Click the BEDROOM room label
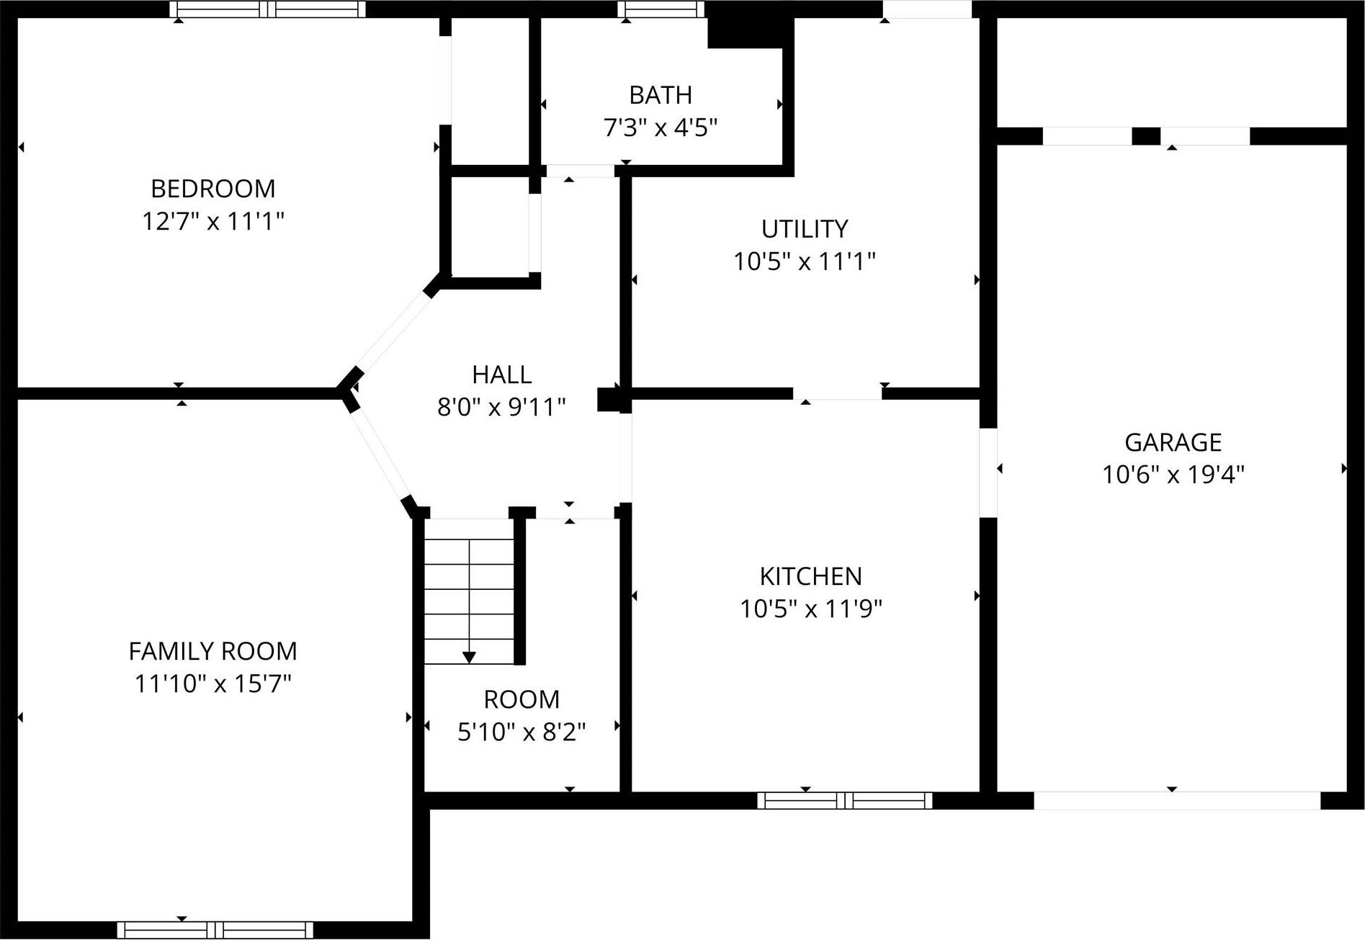[212, 189]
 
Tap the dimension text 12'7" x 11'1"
[212, 221]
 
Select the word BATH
[661, 95]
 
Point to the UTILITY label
[805, 229]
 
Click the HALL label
[501, 375]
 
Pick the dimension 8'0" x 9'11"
[501, 408]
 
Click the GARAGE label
[1173, 442]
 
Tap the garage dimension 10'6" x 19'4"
[1173, 475]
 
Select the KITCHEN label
[810, 576]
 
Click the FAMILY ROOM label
[212, 651]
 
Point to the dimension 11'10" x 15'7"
[212, 684]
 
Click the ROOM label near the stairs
[521, 699]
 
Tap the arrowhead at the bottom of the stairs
[469, 657]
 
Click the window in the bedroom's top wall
[268, 9]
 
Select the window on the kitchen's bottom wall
[844, 800]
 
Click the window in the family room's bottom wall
[215, 930]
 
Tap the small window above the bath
[661, 9]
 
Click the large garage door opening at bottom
[1176, 800]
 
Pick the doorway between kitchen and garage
[988, 473]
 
